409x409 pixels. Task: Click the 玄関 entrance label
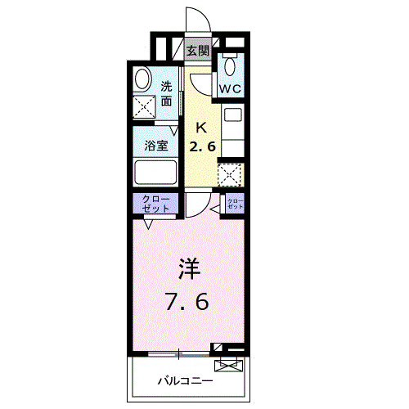click(x=197, y=51)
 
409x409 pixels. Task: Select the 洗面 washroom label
click(x=167, y=93)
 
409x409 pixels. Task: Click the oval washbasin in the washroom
click(x=142, y=79)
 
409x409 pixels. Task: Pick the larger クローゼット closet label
click(x=156, y=204)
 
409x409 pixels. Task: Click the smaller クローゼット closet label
click(x=235, y=203)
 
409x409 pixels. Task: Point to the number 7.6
click(x=189, y=301)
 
